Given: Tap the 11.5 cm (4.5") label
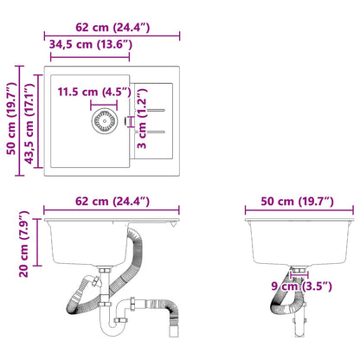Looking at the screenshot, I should click(93, 92).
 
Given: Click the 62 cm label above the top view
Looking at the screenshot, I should click(112, 28).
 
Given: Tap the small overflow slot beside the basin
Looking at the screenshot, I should click(130, 120).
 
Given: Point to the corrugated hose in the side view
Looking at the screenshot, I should click(283, 299).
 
